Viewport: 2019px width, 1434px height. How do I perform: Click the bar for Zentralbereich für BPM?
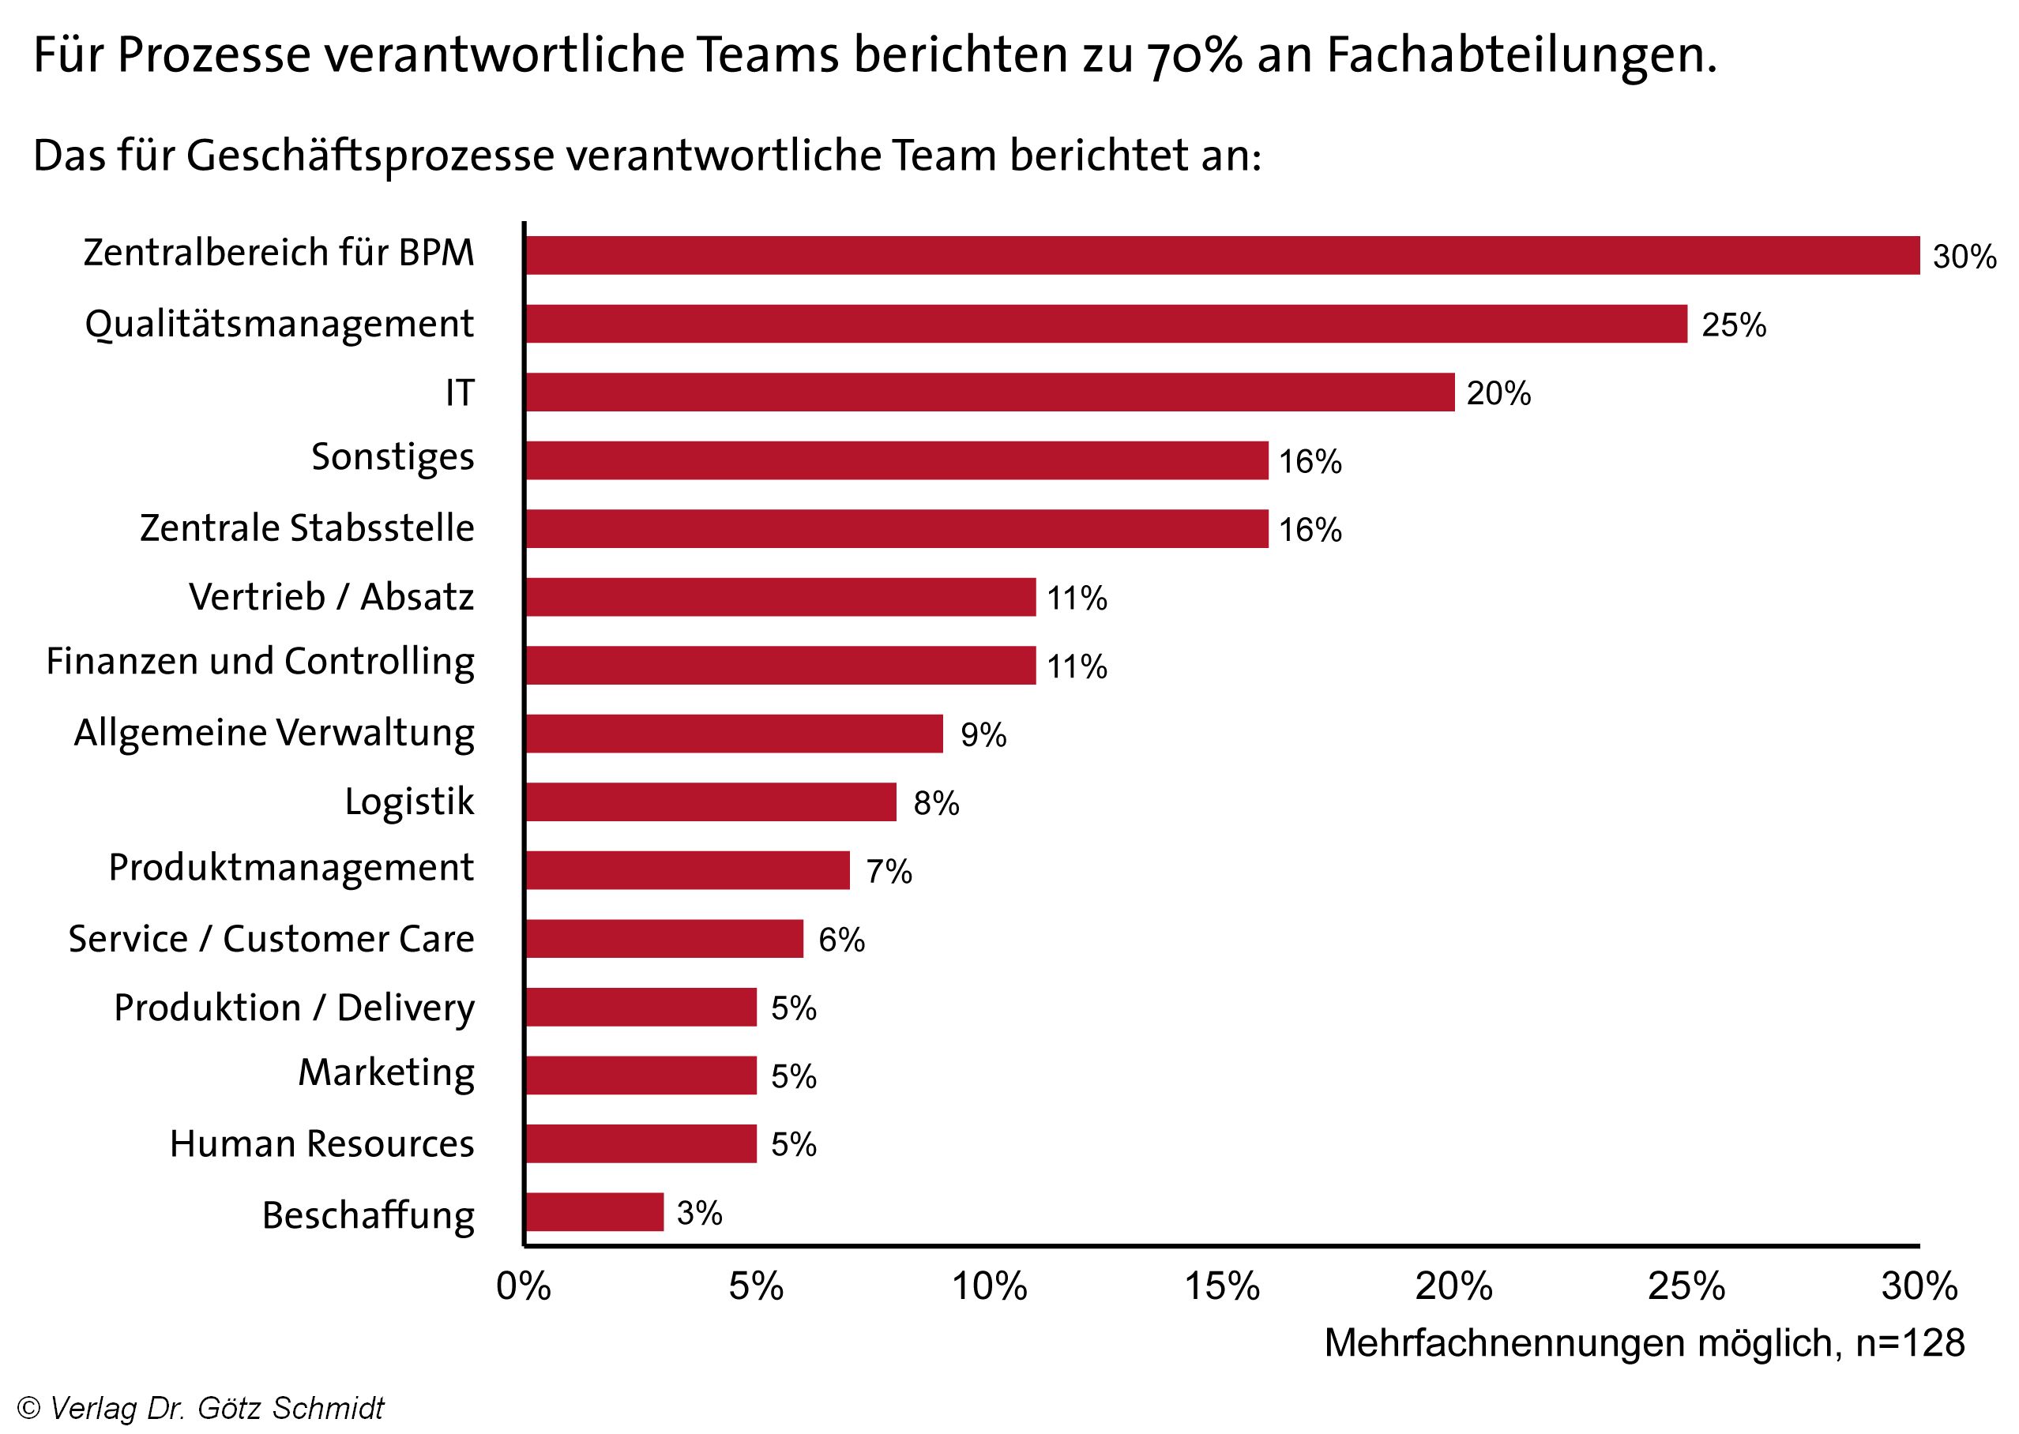point(1221,255)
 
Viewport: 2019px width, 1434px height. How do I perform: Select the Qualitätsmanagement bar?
point(1106,324)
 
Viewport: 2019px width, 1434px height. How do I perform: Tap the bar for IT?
point(989,392)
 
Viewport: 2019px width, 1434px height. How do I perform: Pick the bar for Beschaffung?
point(594,1212)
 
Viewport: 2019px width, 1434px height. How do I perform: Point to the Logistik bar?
point(710,801)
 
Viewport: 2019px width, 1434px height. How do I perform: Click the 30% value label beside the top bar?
point(1964,257)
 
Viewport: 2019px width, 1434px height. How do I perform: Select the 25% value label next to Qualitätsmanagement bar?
point(1734,326)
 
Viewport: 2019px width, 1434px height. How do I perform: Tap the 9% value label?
point(983,735)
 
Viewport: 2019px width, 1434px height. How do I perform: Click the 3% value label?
point(700,1213)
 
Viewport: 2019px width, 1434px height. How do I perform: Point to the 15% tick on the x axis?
point(1221,1286)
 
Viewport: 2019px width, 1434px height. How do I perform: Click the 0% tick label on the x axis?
point(524,1286)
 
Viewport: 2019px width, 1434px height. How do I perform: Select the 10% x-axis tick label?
point(989,1286)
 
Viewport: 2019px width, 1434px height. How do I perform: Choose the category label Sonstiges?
point(393,457)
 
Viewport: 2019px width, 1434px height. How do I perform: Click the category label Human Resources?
point(321,1143)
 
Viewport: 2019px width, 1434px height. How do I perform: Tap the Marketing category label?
point(386,1074)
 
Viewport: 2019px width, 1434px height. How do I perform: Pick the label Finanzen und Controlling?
point(261,663)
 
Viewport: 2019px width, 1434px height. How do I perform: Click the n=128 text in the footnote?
point(1909,1343)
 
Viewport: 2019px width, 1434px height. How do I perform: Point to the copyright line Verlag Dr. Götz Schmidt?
point(201,1407)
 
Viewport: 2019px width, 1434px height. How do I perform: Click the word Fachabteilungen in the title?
point(1521,55)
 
